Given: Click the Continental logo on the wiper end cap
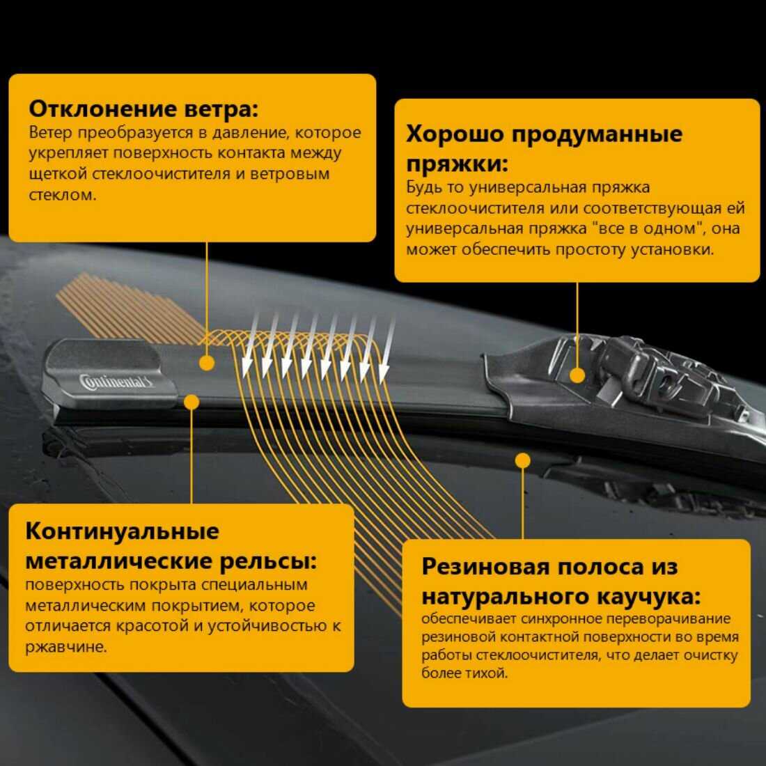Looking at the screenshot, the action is pos(116,381).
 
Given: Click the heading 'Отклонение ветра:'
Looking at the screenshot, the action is pos(143,109).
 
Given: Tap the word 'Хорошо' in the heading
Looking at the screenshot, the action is pos(454,134).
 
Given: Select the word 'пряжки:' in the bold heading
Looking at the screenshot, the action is pos(458,164).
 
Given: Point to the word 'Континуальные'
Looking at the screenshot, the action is pos(122,531).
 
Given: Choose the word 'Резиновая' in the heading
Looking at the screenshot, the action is pos(483,567).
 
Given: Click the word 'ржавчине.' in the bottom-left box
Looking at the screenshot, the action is pos(66,648).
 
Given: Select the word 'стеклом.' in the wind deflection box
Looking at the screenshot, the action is pos(63,195).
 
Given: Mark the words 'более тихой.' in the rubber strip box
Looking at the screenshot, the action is pos(464,673).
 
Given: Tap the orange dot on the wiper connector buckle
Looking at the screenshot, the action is pos(577,375).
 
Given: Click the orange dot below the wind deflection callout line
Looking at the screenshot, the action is pos(207,363).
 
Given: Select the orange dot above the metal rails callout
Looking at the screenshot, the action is pos(191,402).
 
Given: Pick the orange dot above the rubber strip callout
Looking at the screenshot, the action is pos(523,460).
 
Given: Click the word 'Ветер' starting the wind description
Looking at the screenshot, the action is pos(50,132).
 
